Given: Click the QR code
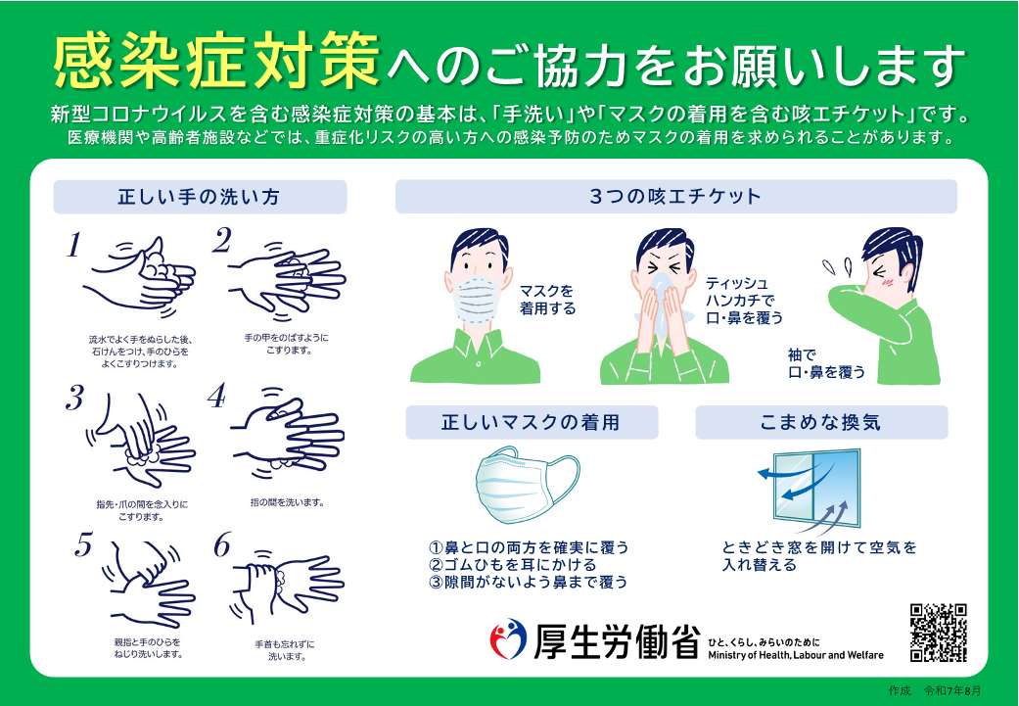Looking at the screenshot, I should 939,632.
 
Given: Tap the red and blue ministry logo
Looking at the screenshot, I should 507,640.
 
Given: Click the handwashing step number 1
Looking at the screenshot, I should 73,246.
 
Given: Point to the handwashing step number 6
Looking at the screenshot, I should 221,545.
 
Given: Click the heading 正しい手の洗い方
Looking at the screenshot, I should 199,197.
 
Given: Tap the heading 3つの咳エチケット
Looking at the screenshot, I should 675,196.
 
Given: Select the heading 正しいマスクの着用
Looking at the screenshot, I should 532,423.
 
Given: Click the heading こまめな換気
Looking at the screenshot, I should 820,423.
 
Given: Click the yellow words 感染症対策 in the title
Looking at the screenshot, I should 215,63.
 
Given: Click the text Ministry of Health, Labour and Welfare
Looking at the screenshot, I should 794,655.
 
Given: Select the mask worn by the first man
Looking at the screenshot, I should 475,298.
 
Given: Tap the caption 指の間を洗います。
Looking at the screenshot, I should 287,502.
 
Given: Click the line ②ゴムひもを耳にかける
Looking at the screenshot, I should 512,565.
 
